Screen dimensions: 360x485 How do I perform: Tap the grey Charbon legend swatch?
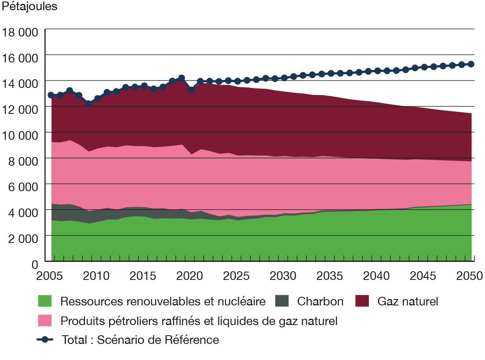tap(281, 302)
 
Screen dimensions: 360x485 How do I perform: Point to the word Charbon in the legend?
tap(320, 302)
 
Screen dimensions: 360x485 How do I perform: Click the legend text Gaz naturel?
tap(408, 302)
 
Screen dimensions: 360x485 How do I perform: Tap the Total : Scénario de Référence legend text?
tap(140, 339)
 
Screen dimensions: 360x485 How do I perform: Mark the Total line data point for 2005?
tap(51, 95)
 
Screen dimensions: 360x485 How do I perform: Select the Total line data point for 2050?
tap(471, 64)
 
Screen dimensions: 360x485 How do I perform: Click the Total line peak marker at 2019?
tap(181, 78)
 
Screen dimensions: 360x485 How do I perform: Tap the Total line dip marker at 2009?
tap(88, 103)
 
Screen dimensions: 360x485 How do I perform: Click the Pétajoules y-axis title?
tap(29, 7)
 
